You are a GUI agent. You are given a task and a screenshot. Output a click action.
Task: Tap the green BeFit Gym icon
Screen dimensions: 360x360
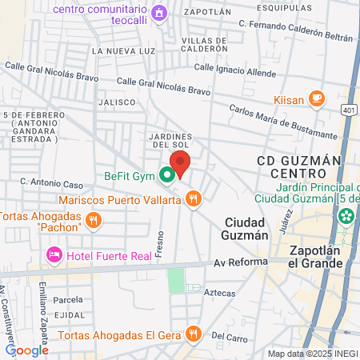tap(167, 174)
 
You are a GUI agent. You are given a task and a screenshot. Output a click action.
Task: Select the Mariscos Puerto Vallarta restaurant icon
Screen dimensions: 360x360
tap(194, 200)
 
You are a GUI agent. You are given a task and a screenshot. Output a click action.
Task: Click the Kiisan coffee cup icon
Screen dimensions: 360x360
tap(317, 98)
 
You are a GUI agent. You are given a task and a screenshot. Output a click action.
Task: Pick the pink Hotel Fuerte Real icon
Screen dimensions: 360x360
tap(54, 254)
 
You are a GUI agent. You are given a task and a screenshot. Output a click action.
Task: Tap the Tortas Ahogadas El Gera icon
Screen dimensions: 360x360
tap(192, 334)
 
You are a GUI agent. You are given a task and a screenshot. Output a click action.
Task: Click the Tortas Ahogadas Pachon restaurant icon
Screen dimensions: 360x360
tap(94, 218)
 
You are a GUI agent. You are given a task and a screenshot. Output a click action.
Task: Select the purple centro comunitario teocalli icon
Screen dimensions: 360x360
tap(159, 12)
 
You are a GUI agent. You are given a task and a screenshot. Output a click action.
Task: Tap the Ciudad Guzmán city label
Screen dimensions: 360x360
tap(246, 229)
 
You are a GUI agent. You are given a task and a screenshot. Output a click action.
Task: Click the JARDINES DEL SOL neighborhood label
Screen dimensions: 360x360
tap(168, 139)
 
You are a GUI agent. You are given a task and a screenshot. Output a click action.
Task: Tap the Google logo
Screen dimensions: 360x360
tap(27, 350)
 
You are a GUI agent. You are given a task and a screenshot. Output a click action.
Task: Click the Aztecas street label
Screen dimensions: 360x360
tap(220, 294)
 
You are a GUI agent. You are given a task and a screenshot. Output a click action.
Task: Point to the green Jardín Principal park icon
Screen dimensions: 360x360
tap(346, 215)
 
